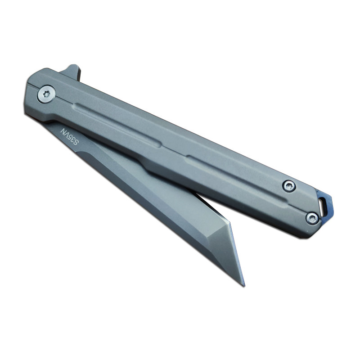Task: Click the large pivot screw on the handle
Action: click(46, 94)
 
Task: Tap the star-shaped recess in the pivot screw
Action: click(46, 94)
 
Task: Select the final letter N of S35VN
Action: click(63, 130)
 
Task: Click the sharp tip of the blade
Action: click(244, 286)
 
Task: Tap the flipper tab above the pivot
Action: click(72, 72)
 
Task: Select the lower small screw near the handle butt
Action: click(312, 218)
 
